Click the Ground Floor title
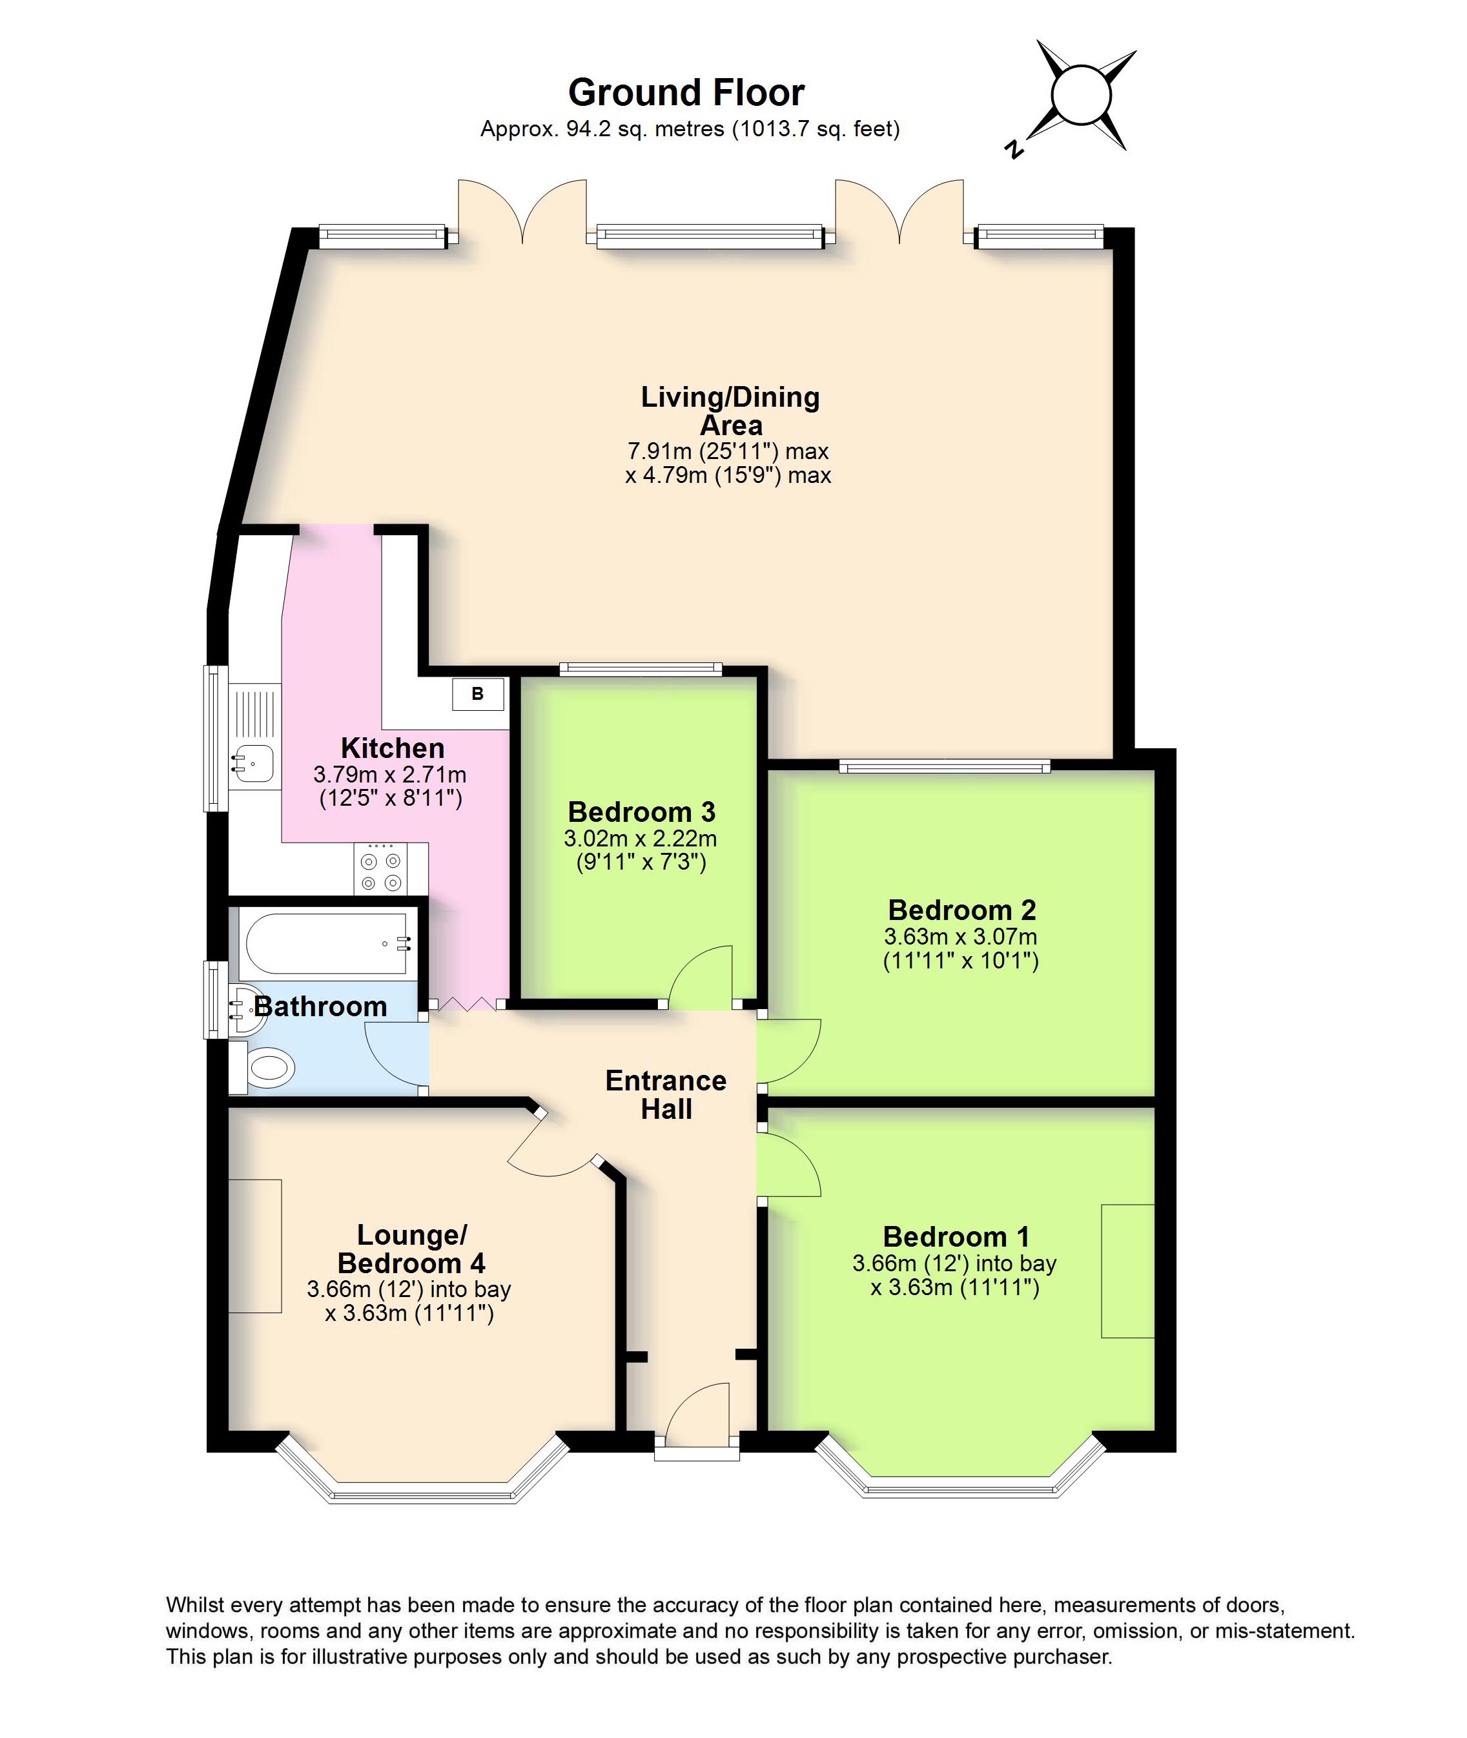(686, 93)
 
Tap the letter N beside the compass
(1013, 150)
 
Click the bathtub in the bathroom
(329, 943)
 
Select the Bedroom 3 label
(641, 812)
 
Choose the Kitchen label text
(393, 748)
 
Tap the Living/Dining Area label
(730, 411)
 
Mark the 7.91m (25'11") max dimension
(728, 451)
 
